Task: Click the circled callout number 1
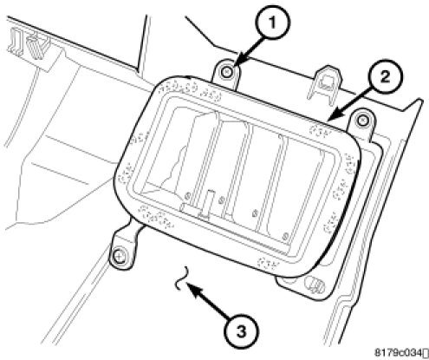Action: (272, 23)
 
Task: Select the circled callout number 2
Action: (385, 77)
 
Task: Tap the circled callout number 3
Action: (242, 331)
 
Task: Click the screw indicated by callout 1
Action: (226, 71)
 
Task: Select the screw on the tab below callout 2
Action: (362, 119)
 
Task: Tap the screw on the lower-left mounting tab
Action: (118, 256)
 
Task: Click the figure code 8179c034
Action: (399, 353)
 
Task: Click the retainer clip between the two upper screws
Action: (324, 84)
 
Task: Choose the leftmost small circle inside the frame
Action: (187, 196)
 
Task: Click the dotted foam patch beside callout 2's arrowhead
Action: (320, 130)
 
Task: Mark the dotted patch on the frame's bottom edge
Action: (268, 263)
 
